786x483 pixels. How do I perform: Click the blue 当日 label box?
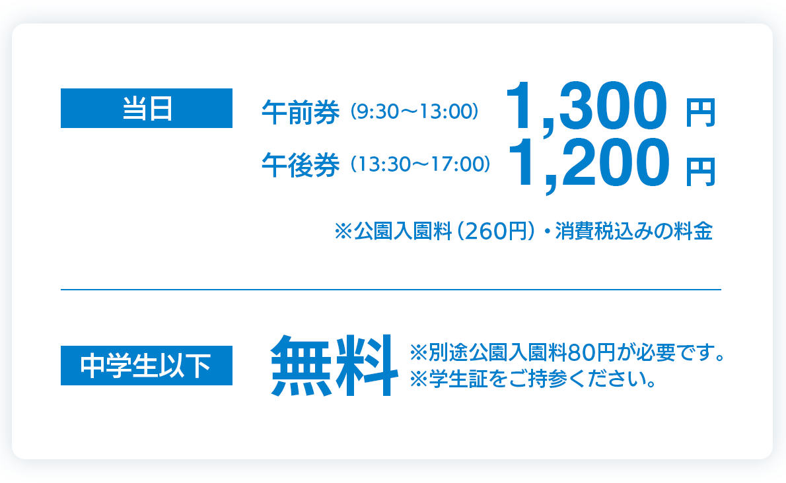[147, 108]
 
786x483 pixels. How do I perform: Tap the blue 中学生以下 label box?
[147, 366]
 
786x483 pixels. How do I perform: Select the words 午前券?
[301, 112]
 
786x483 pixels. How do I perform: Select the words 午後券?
[301, 165]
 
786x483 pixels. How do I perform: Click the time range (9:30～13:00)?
[414, 111]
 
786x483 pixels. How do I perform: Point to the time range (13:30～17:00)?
[420, 164]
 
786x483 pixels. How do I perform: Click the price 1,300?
[587, 107]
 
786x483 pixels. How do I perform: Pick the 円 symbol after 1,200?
[700, 172]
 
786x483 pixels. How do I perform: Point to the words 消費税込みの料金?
[633, 231]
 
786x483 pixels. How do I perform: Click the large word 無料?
[334, 366]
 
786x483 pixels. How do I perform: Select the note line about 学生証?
[534, 379]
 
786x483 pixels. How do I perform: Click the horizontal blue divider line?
[391, 289]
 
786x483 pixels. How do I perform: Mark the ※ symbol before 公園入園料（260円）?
[343, 231]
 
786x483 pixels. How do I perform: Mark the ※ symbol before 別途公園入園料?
[419, 352]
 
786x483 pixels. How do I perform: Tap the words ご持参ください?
[577, 379]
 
